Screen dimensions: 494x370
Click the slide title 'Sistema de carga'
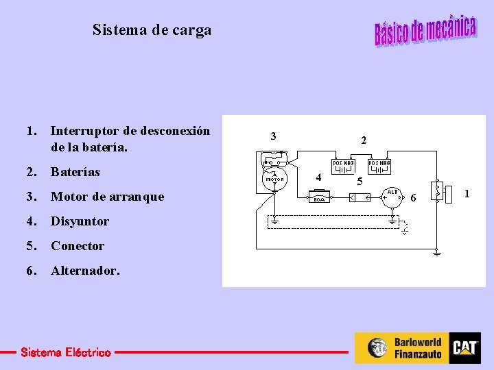(x=152, y=30)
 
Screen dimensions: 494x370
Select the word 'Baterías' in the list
(x=75, y=172)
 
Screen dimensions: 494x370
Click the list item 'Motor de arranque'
(x=108, y=197)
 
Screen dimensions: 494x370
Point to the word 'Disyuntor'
(x=80, y=221)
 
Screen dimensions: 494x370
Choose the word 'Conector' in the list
(x=78, y=246)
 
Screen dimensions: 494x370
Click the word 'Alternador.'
(x=85, y=271)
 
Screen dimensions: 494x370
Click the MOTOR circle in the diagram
(x=274, y=179)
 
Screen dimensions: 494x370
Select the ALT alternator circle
(x=393, y=197)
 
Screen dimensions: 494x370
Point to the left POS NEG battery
(x=343, y=166)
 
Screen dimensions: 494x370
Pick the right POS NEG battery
(x=379, y=166)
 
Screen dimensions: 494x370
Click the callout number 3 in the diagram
(x=273, y=136)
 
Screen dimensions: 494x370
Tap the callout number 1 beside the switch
(x=467, y=194)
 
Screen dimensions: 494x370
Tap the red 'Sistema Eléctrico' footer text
(x=66, y=353)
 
